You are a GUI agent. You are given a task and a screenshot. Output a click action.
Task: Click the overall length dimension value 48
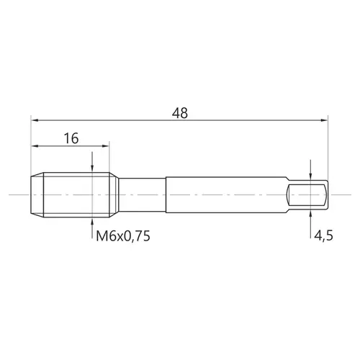pos(180,113)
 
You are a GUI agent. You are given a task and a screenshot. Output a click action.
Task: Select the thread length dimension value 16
pos(71,138)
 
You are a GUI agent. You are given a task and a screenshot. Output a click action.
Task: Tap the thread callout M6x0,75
pos(123,236)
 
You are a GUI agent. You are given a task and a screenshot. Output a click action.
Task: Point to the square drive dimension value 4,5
pos(323,235)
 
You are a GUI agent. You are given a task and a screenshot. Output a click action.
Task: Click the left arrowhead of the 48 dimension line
pos(35,120)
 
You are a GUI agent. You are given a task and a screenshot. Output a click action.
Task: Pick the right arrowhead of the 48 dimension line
pos(324,120)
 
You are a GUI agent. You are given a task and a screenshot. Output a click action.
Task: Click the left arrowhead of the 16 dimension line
pos(35,146)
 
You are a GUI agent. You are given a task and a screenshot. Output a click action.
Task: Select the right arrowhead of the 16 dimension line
pos(106,146)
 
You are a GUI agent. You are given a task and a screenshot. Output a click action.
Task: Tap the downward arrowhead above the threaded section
pos(92,168)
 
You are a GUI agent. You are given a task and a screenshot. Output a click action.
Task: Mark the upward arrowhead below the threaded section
pos(92,221)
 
